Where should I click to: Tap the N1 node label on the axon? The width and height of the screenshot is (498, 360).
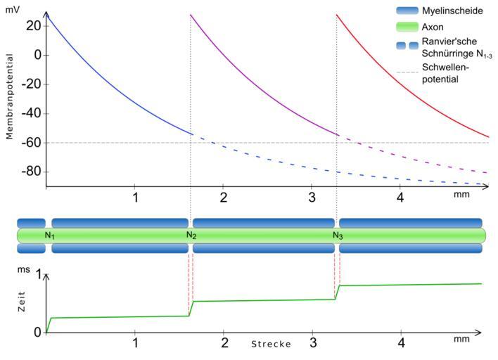coord(49,235)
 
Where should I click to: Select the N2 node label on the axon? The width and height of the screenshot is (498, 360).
coord(191,235)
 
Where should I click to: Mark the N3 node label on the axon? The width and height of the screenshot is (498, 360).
coord(338,235)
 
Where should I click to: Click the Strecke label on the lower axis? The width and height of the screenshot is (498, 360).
coord(272,345)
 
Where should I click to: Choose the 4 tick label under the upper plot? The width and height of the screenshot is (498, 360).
coord(401,197)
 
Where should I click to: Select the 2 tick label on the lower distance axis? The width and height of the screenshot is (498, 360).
coord(224,343)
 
